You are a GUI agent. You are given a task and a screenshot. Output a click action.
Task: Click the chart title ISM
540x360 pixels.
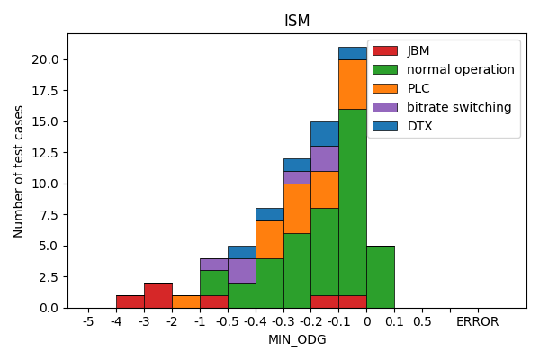(297, 21)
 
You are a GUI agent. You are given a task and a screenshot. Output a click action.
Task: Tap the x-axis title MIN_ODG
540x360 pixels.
(297, 339)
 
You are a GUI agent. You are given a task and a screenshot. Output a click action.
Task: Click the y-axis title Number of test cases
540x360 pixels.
(19, 171)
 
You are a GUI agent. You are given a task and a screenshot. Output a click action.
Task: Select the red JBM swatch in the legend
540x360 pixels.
(384, 50)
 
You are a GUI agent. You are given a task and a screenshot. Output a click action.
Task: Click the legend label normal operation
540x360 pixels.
(460, 69)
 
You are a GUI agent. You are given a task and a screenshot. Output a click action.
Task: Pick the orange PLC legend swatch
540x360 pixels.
(384, 88)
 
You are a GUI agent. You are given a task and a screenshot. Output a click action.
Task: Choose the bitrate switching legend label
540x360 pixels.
(459, 107)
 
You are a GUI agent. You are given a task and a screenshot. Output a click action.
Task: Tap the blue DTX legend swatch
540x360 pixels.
(384, 126)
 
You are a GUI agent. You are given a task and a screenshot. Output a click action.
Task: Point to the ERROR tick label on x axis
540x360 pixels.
(477, 321)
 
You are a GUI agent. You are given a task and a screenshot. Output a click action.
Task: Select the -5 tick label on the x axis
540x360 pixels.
(88, 321)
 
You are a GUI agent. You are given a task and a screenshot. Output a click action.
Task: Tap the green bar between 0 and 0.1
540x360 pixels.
(380, 276)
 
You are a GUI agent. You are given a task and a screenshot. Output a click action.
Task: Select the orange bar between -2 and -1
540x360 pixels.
(185, 301)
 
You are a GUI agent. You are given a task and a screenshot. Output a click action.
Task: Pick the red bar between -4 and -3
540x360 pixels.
(130, 301)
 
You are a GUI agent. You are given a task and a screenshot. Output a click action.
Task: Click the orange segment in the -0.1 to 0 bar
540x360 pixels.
(352, 85)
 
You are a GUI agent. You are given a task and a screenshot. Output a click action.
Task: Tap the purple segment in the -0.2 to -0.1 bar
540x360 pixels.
(324, 158)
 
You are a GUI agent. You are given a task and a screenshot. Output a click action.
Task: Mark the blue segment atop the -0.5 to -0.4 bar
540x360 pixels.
(241, 252)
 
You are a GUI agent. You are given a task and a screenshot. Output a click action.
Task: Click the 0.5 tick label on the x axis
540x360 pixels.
(422, 321)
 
